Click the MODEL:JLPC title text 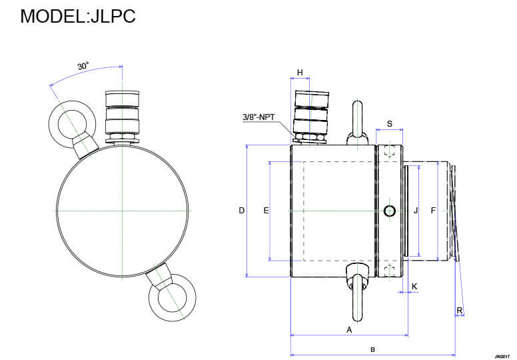(x=78, y=16)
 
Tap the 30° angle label (x=83, y=66)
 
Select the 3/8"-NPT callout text (x=259, y=117)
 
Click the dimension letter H (x=300, y=72)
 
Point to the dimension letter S (x=390, y=124)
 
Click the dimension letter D (x=242, y=211)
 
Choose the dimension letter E (x=266, y=211)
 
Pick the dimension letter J (x=416, y=211)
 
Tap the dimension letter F (x=433, y=211)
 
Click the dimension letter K (x=414, y=286)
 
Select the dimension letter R (x=459, y=310)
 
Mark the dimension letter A (x=348, y=329)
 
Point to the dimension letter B (x=372, y=349)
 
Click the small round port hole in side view (x=390, y=211)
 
